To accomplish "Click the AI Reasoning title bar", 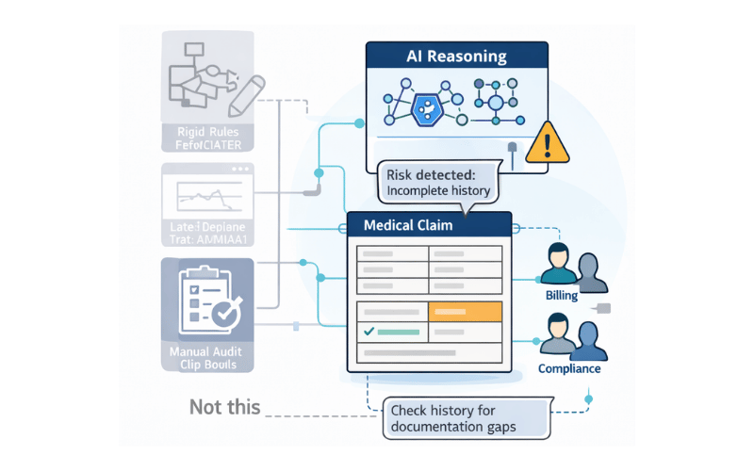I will click(x=457, y=56).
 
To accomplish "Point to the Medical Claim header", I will click(x=429, y=224).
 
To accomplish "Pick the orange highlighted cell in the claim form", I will click(x=464, y=313).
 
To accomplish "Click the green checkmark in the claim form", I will click(x=369, y=332).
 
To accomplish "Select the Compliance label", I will click(x=569, y=368).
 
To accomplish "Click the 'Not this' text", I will click(x=224, y=407).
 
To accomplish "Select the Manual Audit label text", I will click(x=205, y=352).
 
